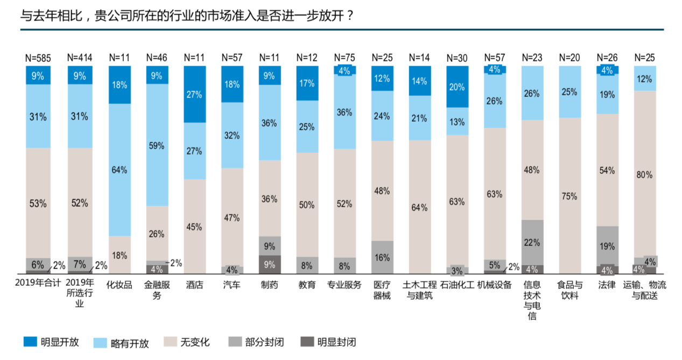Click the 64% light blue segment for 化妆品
coord(119,170)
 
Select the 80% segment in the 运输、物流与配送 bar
coord(644,174)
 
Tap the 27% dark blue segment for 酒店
coord(194,94)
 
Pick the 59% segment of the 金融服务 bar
coord(157,145)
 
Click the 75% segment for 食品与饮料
coord(569,196)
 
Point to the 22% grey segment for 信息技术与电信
coord(532,242)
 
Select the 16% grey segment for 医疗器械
coord(382,257)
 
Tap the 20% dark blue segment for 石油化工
coord(457,87)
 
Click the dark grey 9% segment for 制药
coord(270,264)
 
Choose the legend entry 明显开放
coord(52,342)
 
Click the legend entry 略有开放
coord(122,342)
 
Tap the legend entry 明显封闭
coord(328,342)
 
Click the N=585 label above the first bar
coord(38,57)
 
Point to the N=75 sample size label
coord(344,57)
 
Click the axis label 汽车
coord(232,285)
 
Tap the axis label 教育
coord(307,285)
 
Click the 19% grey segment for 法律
coord(607,246)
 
